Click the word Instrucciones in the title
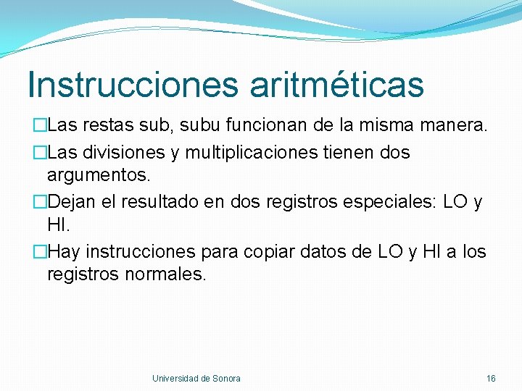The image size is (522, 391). pos(132,85)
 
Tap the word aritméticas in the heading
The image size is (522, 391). pos(337,85)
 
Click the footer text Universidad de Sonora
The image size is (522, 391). pos(196,378)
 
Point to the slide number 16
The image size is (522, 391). pos(491,378)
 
